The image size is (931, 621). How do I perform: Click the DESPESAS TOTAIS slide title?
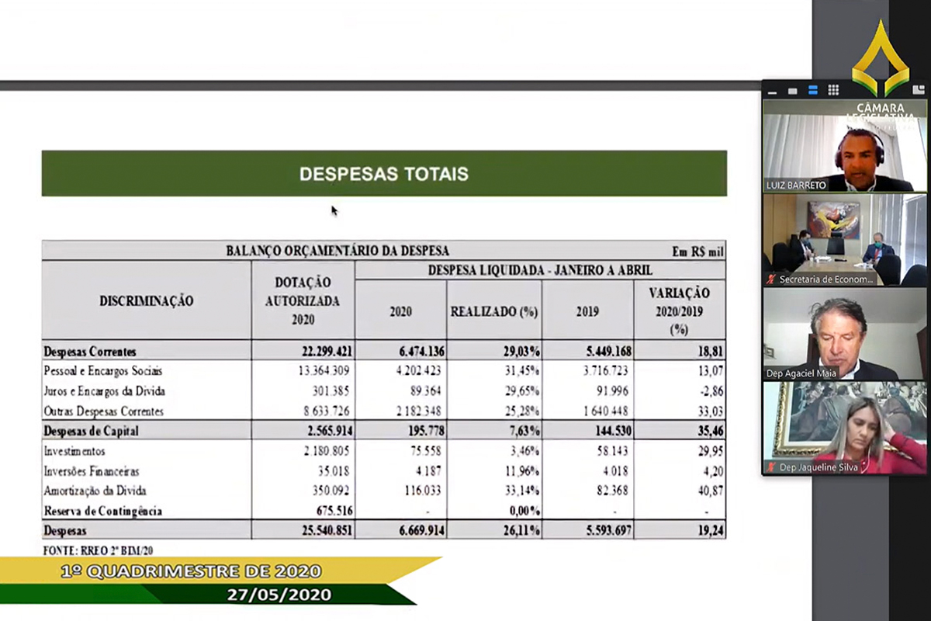point(384,173)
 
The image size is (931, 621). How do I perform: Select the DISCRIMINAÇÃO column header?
point(147,300)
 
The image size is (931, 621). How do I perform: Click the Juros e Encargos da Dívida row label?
point(104,391)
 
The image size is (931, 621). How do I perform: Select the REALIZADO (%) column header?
point(494,311)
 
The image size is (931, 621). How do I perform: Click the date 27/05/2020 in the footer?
point(279,595)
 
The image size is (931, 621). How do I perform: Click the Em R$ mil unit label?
point(697,252)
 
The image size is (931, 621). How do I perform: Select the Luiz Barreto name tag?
point(796,186)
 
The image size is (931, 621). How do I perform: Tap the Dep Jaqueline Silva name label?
point(812,467)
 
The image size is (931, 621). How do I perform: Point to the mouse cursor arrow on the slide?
point(334,210)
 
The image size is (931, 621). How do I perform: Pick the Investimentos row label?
point(74,451)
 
